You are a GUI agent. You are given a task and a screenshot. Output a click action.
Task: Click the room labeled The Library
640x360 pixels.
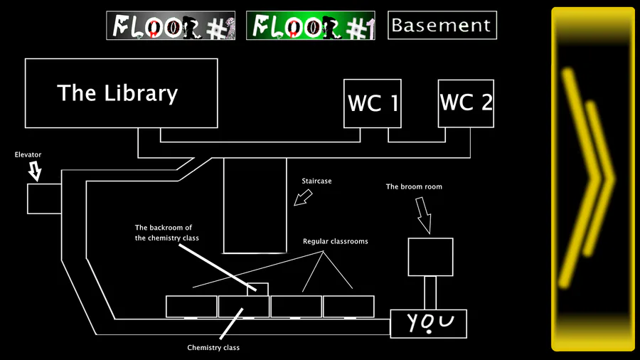tap(121, 93)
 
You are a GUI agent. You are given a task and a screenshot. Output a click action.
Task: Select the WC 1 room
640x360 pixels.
tap(373, 103)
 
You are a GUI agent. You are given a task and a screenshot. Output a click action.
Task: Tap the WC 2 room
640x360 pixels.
tap(466, 102)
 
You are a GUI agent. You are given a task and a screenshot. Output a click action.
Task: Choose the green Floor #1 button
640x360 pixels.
tap(310, 26)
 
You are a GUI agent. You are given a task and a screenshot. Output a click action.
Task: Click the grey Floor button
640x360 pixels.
tap(171, 26)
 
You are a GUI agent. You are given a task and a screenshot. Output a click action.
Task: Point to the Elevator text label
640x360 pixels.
tap(28, 154)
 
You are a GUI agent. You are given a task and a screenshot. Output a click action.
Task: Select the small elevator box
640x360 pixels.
tap(44, 198)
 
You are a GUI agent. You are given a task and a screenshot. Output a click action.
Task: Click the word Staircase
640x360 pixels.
tap(317, 181)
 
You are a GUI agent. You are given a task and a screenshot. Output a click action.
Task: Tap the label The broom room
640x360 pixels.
tap(414, 187)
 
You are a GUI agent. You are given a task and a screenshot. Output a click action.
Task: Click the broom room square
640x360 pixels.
tap(430, 257)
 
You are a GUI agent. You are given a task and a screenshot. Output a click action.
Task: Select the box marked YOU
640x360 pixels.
tap(429, 324)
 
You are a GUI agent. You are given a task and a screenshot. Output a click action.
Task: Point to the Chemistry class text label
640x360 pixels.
tap(213, 348)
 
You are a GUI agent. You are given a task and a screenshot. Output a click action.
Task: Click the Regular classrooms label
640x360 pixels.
tap(335, 242)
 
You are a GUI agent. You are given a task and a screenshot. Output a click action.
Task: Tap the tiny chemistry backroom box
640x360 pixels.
tap(257, 289)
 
